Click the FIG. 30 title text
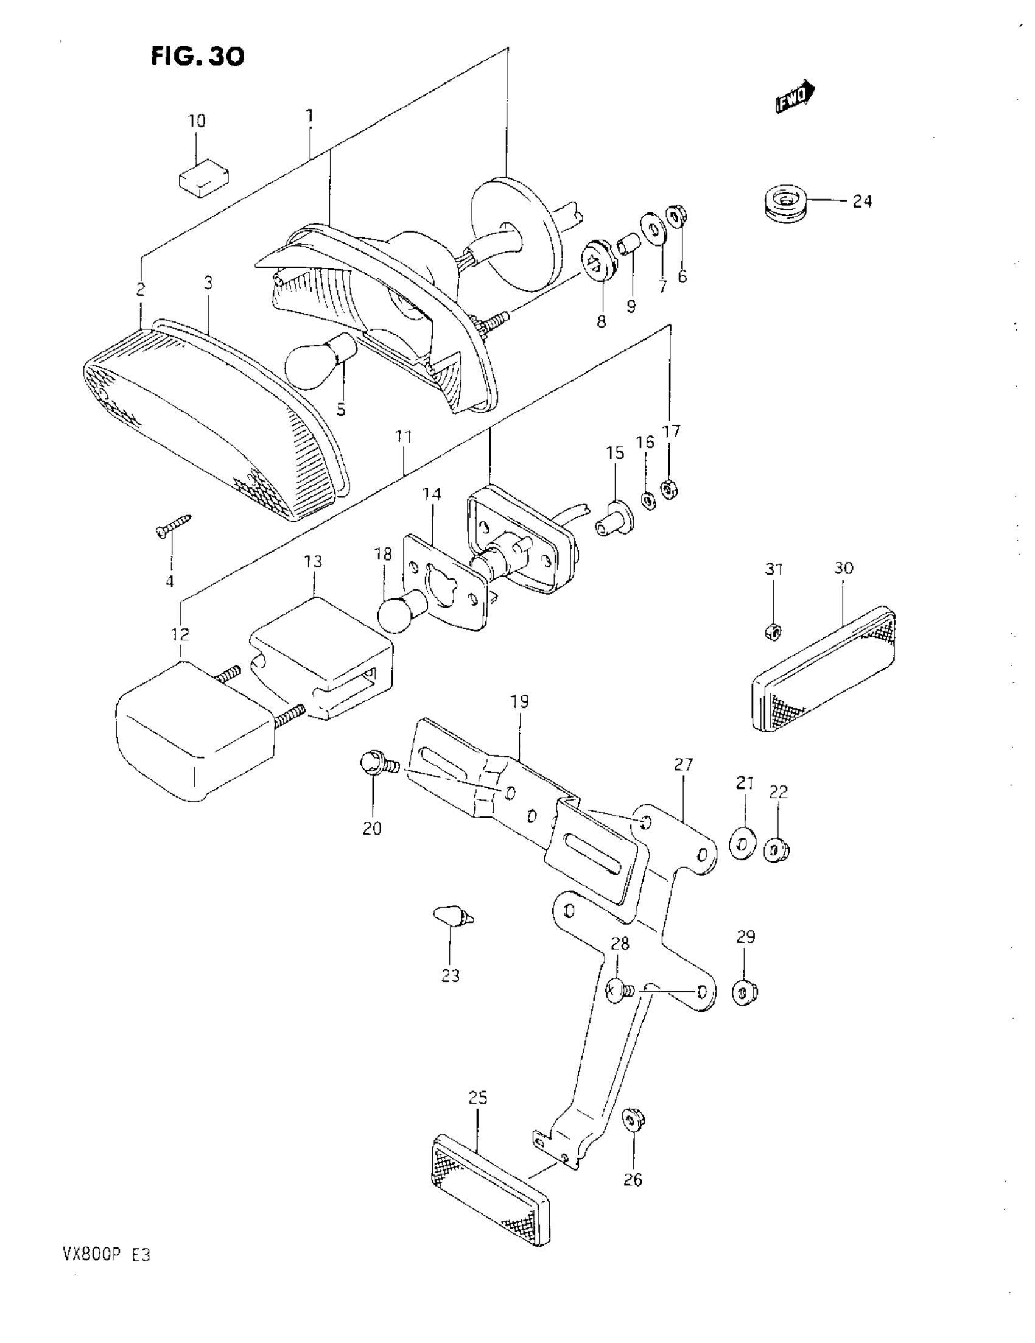(x=197, y=57)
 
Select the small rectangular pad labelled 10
(x=203, y=178)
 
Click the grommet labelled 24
(x=782, y=203)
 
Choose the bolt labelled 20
(x=376, y=764)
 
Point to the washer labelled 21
(x=743, y=845)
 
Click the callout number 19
(x=520, y=701)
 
